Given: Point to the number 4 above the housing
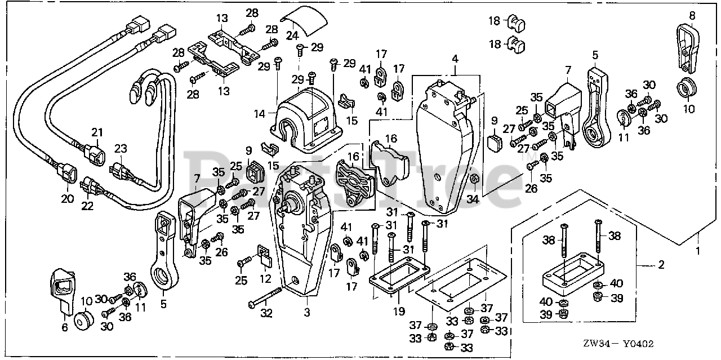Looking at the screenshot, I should tap(455, 59).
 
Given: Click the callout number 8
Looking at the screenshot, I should tap(692, 15).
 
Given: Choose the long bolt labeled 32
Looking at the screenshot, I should tap(265, 299).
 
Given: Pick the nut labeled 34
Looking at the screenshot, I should tap(474, 180).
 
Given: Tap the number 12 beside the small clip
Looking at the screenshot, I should tap(264, 278).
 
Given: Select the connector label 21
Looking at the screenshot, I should tap(97, 133).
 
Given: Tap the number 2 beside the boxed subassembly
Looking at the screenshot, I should tap(661, 264).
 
